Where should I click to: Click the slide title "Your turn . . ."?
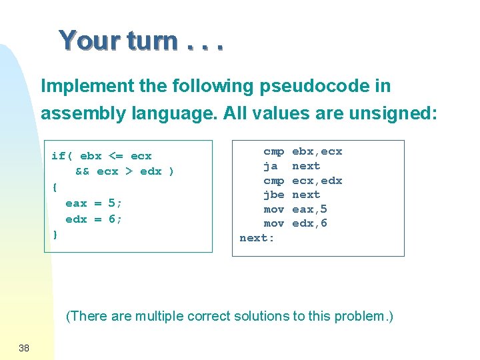click(x=141, y=41)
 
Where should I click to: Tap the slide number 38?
click(x=24, y=347)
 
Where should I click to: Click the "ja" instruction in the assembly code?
click(x=271, y=166)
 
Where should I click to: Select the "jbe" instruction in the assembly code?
click(x=273, y=195)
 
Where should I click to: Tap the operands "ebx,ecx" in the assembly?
click(x=317, y=151)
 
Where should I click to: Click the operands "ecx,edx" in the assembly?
click(x=317, y=181)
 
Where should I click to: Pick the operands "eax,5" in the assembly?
click(x=310, y=209)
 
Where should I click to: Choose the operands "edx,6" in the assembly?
click(x=310, y=223)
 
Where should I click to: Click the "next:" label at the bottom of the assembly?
click(x=257, y=238)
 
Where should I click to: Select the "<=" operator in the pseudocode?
click(x=115, y=156)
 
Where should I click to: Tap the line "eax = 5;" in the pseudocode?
click(x=94, y=203)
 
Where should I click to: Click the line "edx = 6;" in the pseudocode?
click(x=94, y=219)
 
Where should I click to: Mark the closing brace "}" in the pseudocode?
click(x=55, y=234)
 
